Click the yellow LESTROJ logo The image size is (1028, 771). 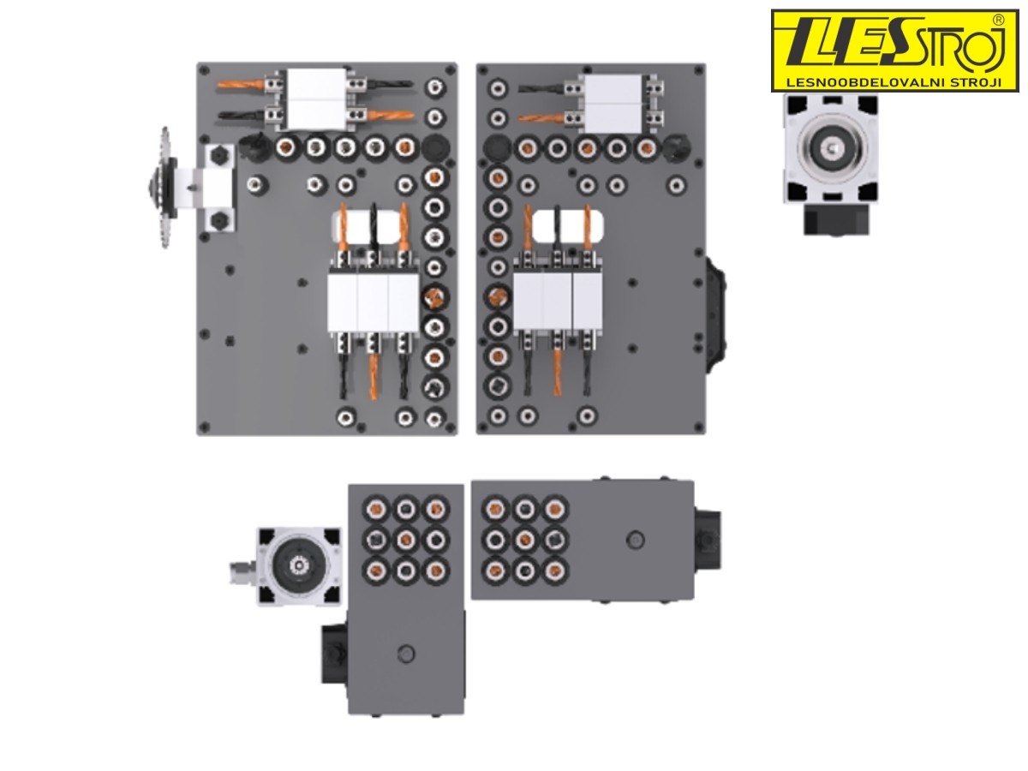(x=894, y=51)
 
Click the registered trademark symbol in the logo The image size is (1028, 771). (x=998, y=20)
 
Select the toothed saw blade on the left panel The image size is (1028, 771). (x=164, y=188)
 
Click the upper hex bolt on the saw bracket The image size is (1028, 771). (x=218, y=154)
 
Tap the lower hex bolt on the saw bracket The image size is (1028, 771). (x=218, y=220)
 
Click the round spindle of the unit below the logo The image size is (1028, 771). (x=832, y=148)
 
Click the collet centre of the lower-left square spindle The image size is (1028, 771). (x=298, y=566)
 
